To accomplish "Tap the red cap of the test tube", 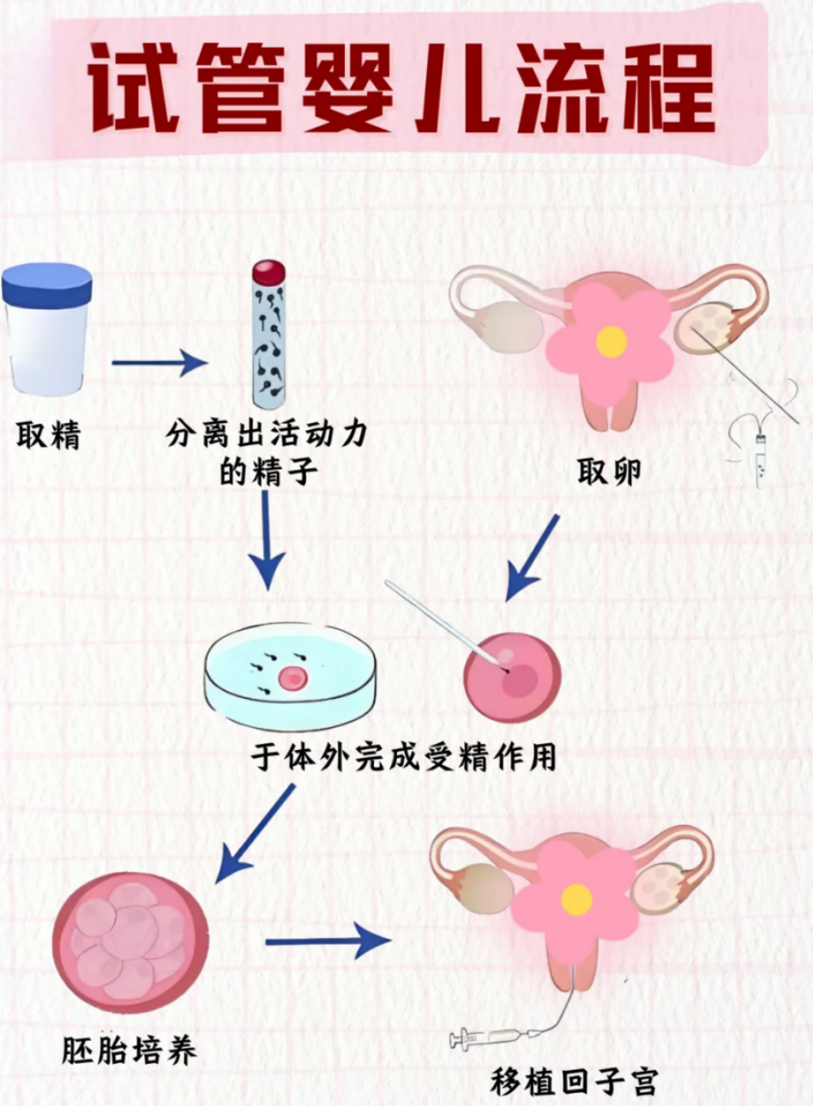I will click(x=268, y=273).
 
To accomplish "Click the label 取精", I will click(x=48, y=436).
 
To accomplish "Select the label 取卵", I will click(x=609, y=472).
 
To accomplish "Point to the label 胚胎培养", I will click(x=129, y=1050).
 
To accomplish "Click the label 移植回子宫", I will click(x=574, y=1081).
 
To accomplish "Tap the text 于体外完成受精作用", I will click(x=404, y=757).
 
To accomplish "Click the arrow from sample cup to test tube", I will click(x=160, y=363).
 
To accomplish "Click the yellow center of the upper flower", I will click(x=611, y=341).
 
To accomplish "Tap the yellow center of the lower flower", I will click(x=576, y=899).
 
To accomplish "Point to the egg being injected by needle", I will click(x=512, y=677).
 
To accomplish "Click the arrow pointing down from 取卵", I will click(x=532, y=557).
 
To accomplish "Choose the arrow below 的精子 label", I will click(x=267, y=540).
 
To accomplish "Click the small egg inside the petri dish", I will click(x=292, y=678).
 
